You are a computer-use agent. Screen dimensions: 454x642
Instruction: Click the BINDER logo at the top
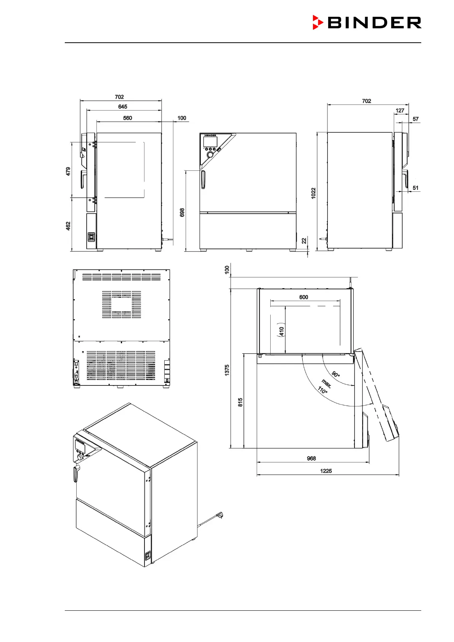pyautogui.click(x=367, y=22)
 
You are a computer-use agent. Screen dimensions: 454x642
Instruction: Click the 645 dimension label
pyautogui.click(x=122, y=107)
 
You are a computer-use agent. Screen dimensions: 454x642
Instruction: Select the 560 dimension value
pyautogui.click(x=127, y=118)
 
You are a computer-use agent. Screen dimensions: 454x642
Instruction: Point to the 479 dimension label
pyautogui.click(x=68, y=171)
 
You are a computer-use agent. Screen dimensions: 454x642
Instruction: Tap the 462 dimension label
pyautogui.click(x=68, y=226)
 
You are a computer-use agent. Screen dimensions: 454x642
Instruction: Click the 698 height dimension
pyautogui.click(x=182, y=212)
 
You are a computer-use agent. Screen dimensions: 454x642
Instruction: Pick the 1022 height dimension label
pyautogui.click(x=313, y=193)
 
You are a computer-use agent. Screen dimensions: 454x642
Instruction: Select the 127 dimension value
pyautogui.click(x=399, y=111)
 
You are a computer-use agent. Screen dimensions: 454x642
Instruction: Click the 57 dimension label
pyautogui.click(x=415, y=119)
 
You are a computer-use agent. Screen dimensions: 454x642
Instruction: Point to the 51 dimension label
pyautogui.click(x=415, y=188)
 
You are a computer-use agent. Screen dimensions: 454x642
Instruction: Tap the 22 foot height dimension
pyautogui.click(x=304, y=241)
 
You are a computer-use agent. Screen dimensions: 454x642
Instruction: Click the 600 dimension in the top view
pyautogui.click(x=303, y=297)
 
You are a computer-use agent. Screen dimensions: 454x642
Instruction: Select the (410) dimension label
pyautogui.click(x=281, y=331)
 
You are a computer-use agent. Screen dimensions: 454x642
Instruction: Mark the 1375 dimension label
pyautogui.click(x=227, y=370)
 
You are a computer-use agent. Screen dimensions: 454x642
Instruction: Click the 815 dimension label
pyautogui.click(x=240, y=402)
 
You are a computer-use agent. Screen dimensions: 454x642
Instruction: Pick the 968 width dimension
pyautogui.click(x=311, y=459)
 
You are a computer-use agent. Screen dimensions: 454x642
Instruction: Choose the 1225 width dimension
pyautogui.click(x=326, y=471)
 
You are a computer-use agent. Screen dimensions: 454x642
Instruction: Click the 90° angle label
pyautogui.click(x=335, y=374)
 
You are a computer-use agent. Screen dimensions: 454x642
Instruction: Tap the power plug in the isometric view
pyautogui.click(x=219, y=515)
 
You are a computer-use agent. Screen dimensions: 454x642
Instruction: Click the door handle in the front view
pyautogui.click(x=203, y=180)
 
